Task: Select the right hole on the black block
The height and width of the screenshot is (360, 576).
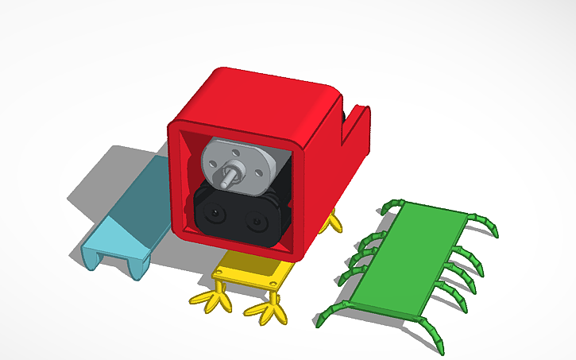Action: click(x=257, y=220)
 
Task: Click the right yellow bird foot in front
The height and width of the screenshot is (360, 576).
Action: click(x=266, y=312)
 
